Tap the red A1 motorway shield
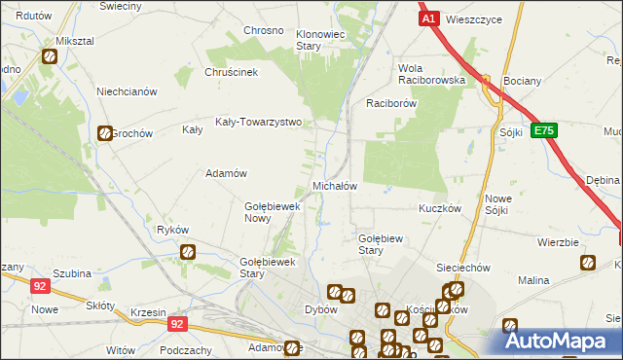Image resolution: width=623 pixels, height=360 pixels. point(429,18)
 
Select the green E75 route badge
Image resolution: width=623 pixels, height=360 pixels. point(544,130)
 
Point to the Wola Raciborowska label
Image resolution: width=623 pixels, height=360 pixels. point(429,74)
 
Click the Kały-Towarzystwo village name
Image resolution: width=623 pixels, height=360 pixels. point(259,124)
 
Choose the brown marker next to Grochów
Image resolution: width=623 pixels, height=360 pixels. point(104,133)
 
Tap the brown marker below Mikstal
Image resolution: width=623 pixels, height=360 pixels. point(49,57)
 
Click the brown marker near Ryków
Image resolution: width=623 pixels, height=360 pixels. point(188,253)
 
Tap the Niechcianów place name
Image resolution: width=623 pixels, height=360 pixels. point(127,91)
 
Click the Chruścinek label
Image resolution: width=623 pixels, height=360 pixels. point(230,71)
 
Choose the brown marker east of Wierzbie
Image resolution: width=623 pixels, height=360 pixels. point(587,263)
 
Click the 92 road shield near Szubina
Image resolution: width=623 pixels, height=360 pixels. point(39,286)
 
